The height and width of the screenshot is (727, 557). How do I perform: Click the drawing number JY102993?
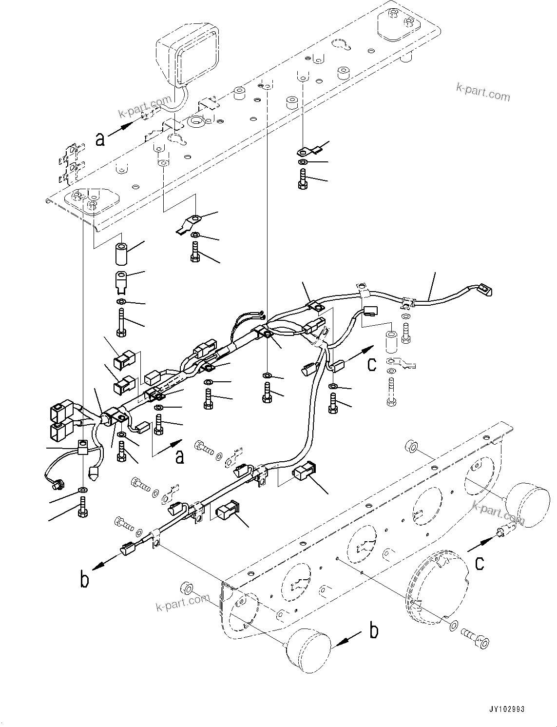point(504,709)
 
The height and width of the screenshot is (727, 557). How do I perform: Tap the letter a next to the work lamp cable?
point(100,140)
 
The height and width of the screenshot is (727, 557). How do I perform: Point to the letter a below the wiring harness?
point(180,457)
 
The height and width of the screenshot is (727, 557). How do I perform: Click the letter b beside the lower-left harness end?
point(85,580)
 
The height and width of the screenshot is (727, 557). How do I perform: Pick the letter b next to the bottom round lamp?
point(374,631)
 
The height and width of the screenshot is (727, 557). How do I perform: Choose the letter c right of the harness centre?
point(371,364)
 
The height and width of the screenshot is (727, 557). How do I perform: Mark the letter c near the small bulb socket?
point(480,563)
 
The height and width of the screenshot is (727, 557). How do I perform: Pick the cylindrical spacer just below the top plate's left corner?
point(122,254)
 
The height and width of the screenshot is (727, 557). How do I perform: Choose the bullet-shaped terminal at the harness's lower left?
point(95,472)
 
